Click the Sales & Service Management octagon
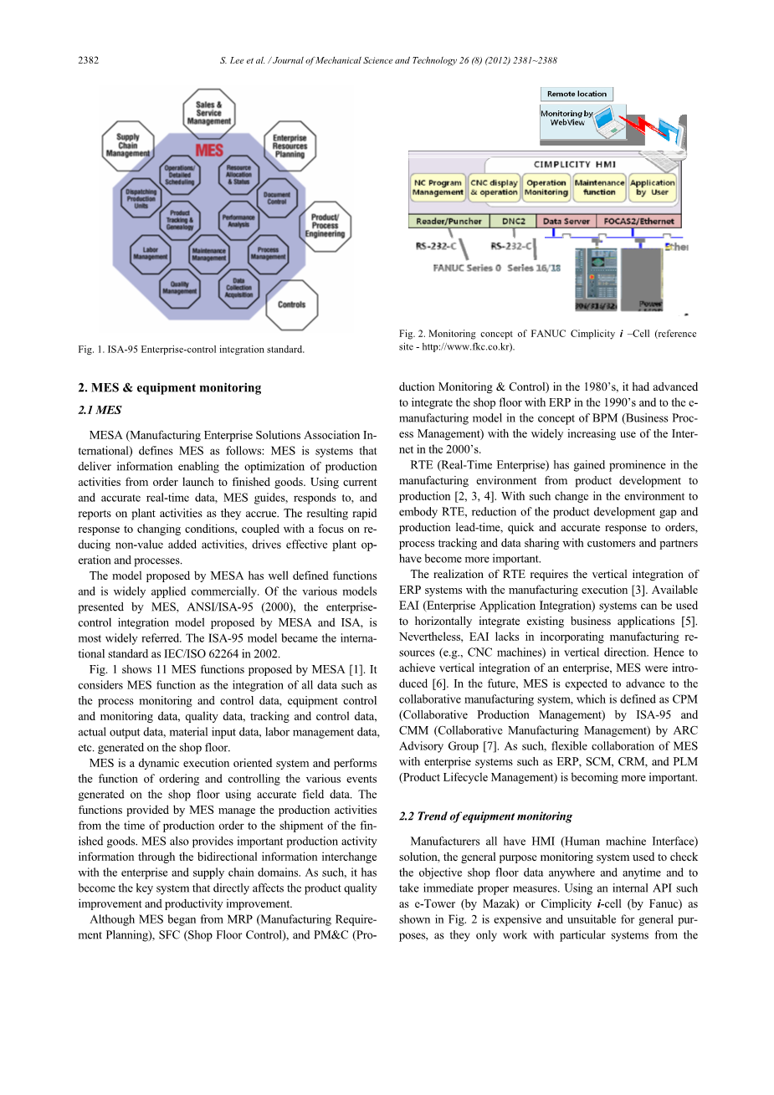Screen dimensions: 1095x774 [x=209, y=114]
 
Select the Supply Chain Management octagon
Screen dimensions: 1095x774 [x=128, y=146]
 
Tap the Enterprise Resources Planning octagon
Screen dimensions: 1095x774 [x=290, y=146]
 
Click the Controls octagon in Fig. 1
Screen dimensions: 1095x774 [x=291, y=304]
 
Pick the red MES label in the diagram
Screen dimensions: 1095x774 [x=209, y=151]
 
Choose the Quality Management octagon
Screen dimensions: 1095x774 [x=180, y=289]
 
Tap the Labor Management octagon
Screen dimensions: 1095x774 [x=151, y=253]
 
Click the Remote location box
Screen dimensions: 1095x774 [x=577, y=95]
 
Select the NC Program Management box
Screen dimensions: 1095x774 [x=438, y=187]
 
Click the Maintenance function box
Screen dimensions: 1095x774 [x=599, y=187]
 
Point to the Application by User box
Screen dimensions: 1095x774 [x=653, y=187]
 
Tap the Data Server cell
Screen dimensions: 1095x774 [x=566, y=222]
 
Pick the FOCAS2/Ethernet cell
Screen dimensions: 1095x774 [x=639, y=222]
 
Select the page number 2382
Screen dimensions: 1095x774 [x=88, y=60]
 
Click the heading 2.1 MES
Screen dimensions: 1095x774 [x=100, y=410]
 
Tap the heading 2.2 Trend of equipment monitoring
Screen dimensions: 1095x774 [x=485, y=816]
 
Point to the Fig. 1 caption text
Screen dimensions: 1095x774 [x=191, y=349]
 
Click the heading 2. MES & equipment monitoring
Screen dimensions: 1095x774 [x=169, y=387]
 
